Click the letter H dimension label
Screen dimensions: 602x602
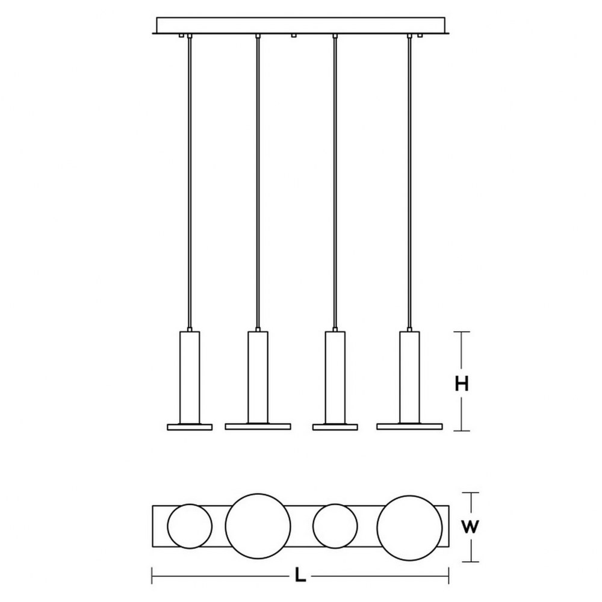click(462, 384)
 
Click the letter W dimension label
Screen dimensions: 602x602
click(470, 527)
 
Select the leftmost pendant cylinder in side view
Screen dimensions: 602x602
click(190, 378)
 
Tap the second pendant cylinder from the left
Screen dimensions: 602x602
click(258, 378)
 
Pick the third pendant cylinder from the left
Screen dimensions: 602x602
click(335, 378)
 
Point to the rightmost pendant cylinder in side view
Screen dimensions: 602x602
click(409, 378)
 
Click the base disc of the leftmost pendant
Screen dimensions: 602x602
click(190, 427)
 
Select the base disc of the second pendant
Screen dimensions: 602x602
click(258, 427)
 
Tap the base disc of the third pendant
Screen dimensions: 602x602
click(335, 427)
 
